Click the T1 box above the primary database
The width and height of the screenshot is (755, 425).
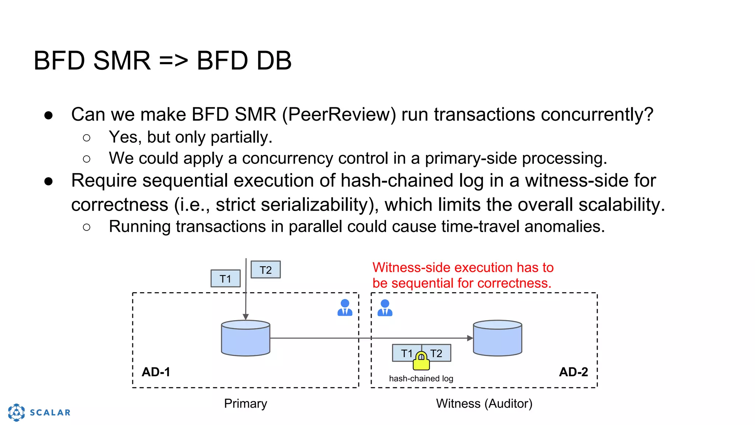[225, 279]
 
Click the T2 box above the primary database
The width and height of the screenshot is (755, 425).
[265, 270]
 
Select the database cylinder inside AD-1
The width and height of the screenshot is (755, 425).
[246, 338]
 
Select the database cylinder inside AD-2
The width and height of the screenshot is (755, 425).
[497, 338]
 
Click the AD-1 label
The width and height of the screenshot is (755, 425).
[156, 372]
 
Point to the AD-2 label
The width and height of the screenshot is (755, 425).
[573, 372]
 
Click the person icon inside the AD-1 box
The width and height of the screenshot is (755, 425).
[345, 308]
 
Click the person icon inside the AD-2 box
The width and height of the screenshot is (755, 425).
[385, 308]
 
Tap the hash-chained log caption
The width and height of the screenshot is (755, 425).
[421, 379]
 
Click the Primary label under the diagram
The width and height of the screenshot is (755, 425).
[246, 404]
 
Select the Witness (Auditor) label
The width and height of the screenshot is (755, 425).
[484, 404]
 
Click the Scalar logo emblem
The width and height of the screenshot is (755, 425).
[17, 412]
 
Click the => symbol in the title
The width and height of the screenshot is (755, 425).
[174, 61]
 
